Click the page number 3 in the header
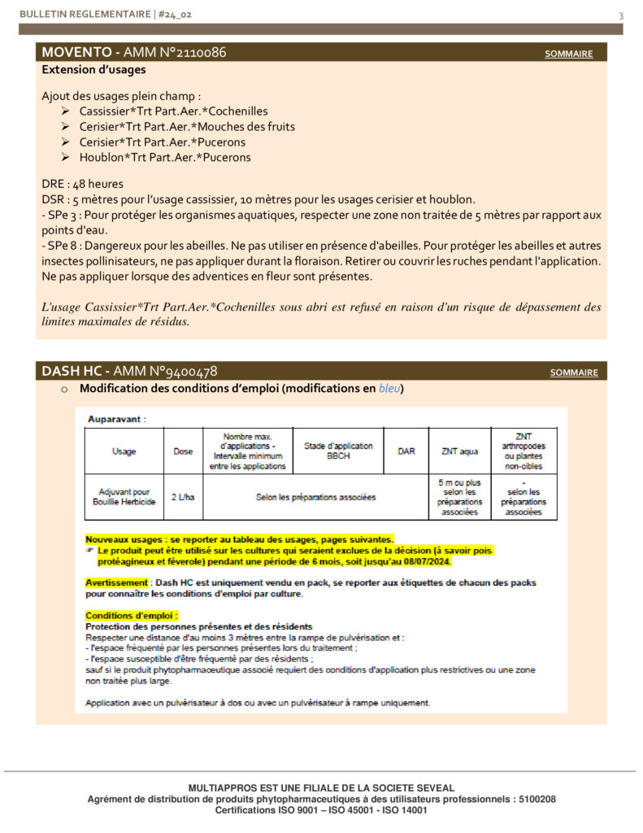(621, 15)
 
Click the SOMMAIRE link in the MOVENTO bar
(568, 55)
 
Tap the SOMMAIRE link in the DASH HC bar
(574, 373)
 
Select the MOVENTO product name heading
(78, 53)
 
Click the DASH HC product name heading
(74, 372)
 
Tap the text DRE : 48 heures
(82, 184)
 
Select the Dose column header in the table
(183, 451)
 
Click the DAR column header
(406, 451)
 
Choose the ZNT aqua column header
(460, 451)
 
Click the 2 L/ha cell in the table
(183, 497)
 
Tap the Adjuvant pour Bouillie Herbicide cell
(124, 497)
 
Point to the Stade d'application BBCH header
(338, 451)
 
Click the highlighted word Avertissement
(116, 583)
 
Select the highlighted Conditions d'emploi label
(132, 616)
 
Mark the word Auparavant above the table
(115, 420)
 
